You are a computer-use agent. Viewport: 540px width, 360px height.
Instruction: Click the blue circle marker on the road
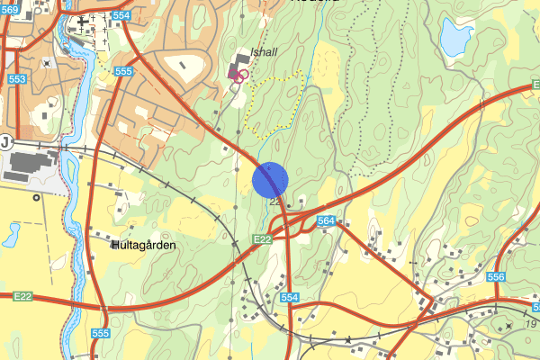click(270, 179)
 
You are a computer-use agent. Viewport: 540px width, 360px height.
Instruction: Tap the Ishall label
click(265, 52)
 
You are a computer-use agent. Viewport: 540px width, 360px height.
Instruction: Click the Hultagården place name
click(144, 245)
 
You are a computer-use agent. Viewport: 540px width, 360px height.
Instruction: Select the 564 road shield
click(326, 220)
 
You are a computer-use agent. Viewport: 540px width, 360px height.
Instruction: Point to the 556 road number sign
click(495, 278)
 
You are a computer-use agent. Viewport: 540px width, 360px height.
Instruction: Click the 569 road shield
click(10, 9)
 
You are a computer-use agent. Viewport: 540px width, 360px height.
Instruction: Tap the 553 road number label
click(17, 80)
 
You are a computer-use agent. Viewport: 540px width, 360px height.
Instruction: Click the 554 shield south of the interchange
click(288, 297)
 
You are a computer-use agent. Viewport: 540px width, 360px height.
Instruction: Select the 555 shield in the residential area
click(124, 72)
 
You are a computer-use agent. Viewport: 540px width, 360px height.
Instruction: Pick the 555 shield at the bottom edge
click(100, 334)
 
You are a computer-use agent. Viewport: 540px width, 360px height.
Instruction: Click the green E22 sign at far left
click(22, 295)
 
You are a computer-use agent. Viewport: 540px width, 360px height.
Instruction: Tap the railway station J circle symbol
click(5, 142)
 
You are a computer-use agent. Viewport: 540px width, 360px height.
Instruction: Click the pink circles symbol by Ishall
click(240, 76)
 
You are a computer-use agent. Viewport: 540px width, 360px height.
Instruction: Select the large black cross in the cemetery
click(83, 20)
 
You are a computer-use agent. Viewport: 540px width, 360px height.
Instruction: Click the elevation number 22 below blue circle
click(275, 202)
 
